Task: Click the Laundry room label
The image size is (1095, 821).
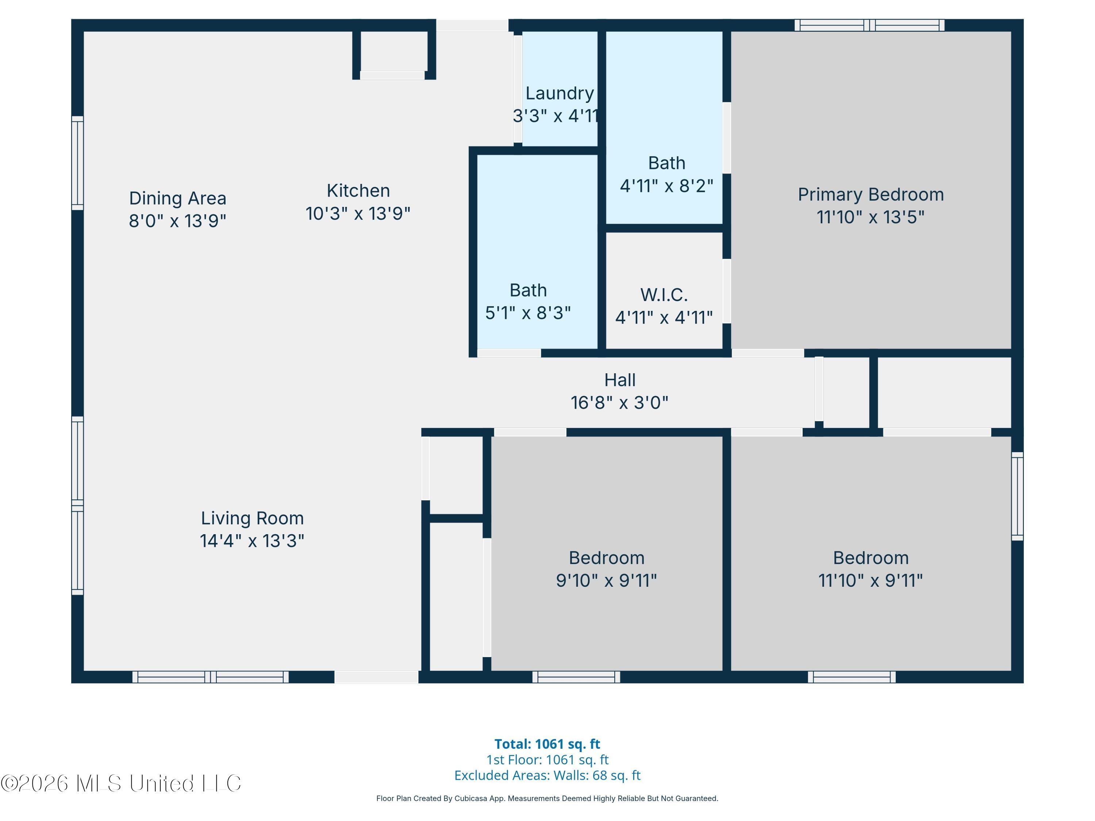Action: [x=560, y=93]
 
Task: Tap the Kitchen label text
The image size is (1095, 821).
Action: [x=358, y=190]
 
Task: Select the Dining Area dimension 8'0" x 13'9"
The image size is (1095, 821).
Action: [x=177, y=221]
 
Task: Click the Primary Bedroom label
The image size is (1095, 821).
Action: [x=871, y=194]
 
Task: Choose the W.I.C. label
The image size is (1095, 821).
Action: [x=664, y=295]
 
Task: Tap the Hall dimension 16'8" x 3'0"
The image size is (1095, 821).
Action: [x=619, y=403]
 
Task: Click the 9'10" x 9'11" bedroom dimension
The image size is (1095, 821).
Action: [x=606, y=580]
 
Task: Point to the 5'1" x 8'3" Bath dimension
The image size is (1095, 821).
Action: [x=528, y=313]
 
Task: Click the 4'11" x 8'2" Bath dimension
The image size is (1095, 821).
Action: [x=666, y=186]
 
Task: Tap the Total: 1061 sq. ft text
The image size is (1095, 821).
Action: [x=547, y=744]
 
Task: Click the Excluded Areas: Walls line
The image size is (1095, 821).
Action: [x=547, y=775]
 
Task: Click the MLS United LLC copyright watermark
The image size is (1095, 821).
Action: [x=121, y=783]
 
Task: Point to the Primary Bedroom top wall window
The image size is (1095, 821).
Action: [x=869, y=25]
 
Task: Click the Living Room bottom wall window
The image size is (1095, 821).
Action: [x=210, y=677]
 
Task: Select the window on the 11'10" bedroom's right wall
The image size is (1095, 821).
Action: [x=1017, y=496]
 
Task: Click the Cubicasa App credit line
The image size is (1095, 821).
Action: [x=547, y=798]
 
